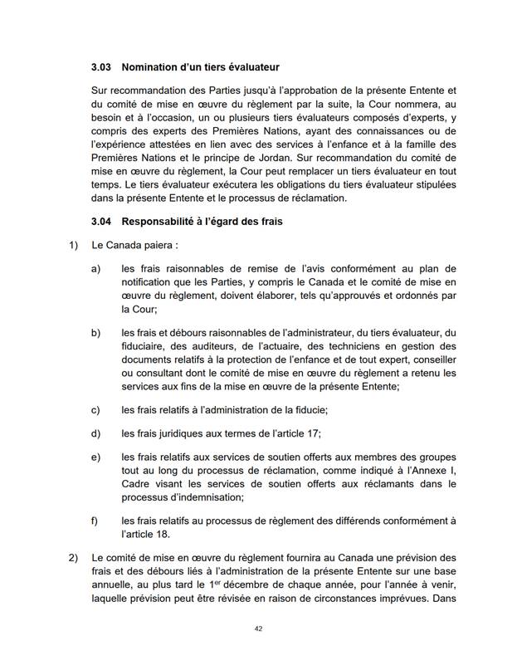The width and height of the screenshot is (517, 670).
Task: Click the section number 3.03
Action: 102,66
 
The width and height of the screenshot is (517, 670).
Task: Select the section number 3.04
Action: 102,222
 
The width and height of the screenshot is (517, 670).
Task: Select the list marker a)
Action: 96,270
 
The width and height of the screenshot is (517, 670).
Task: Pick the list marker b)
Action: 96,333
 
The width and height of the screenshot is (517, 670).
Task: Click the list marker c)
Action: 96,409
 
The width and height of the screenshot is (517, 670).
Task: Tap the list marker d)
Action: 96,433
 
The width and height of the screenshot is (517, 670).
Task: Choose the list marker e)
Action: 96,457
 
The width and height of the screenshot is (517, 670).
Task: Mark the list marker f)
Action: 95,521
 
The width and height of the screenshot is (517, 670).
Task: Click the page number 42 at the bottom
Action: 258,629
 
